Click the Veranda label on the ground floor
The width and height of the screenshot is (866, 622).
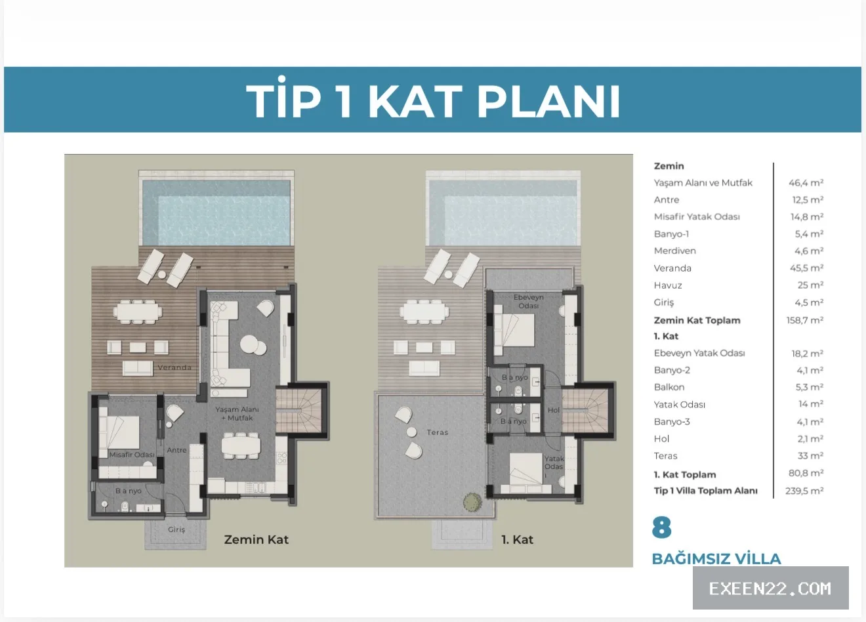pos(175,367)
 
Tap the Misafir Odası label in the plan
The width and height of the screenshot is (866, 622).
pos(132,455)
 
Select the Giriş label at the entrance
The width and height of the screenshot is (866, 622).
pos(176,529)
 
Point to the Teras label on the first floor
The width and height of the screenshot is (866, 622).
pos(437,432)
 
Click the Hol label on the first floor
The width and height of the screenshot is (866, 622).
pos(553,410)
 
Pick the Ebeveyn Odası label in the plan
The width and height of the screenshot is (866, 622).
pos(529,302)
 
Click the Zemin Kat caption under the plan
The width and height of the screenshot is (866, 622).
pos(257,540)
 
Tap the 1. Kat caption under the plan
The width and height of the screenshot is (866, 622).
pos(517,540)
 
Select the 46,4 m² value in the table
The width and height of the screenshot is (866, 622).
pos(806,183)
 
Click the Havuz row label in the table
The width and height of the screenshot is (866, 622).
pos(668,285)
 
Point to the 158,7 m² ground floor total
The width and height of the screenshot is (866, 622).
pos(805,320)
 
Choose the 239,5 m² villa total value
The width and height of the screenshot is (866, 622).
pos(804,491)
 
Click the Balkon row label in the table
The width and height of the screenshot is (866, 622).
pos(669,387)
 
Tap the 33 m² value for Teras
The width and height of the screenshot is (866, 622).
pos(810,456)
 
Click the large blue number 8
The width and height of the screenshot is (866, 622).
pos(661,528)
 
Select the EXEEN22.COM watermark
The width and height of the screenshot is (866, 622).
pos(770,589)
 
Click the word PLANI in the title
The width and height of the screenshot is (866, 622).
pos(549,101)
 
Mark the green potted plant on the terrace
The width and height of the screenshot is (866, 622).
pos(472,502)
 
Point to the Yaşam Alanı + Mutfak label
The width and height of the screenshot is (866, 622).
pos(237,413)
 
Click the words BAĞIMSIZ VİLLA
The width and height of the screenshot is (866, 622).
pos(716,559)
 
